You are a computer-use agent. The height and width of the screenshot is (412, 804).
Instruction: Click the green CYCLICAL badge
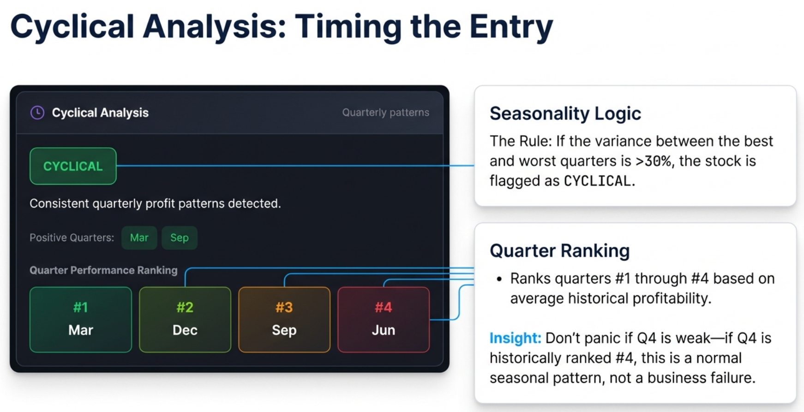pyautogui.click(x=73, y=166)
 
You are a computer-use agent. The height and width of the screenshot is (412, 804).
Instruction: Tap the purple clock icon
pyautogui.click(x=37, y=113)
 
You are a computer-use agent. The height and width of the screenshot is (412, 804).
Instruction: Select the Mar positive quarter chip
pyautogui.click(x=139, y=238)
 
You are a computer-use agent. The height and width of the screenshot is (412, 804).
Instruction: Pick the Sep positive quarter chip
pyautogui.click(x=179, y=238)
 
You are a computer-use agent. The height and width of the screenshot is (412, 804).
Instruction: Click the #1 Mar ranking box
pyautogui.click(x=81, y=319)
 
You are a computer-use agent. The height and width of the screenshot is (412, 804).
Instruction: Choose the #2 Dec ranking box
pyautogui.click(x=185, y=319)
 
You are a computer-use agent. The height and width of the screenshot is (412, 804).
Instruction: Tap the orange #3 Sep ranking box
pyautogui.click(x=284, y=319)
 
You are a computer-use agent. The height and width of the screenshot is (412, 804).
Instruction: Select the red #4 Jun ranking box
pyautogui.click(x=383, y=319)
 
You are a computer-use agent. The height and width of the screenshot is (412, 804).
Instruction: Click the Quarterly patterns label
pyautogui.click(x=385, y=113)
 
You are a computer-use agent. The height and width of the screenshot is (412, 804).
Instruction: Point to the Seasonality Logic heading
pyautogui.click(x=565, y=113)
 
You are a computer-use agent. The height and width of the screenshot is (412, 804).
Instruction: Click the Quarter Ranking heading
pyautogui.click(x=559, y=251)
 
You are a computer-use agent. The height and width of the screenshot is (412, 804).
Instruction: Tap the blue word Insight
pyautogui.click(x=515, y=338)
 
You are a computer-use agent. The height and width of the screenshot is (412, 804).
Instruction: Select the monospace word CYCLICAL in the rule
pyautogui.click(x=597, y=181)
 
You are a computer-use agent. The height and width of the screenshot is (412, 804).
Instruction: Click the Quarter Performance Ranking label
pyautogui.click(x=103, y=270)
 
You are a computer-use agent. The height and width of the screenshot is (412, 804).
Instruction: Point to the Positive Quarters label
pyautogui.click(x=72, y=238)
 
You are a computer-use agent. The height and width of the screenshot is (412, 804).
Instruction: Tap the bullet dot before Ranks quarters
pyautogui.click(x=499, y=280)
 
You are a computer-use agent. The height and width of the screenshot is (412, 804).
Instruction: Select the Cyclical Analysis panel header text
pyautogui.click(x=100, y=113)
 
